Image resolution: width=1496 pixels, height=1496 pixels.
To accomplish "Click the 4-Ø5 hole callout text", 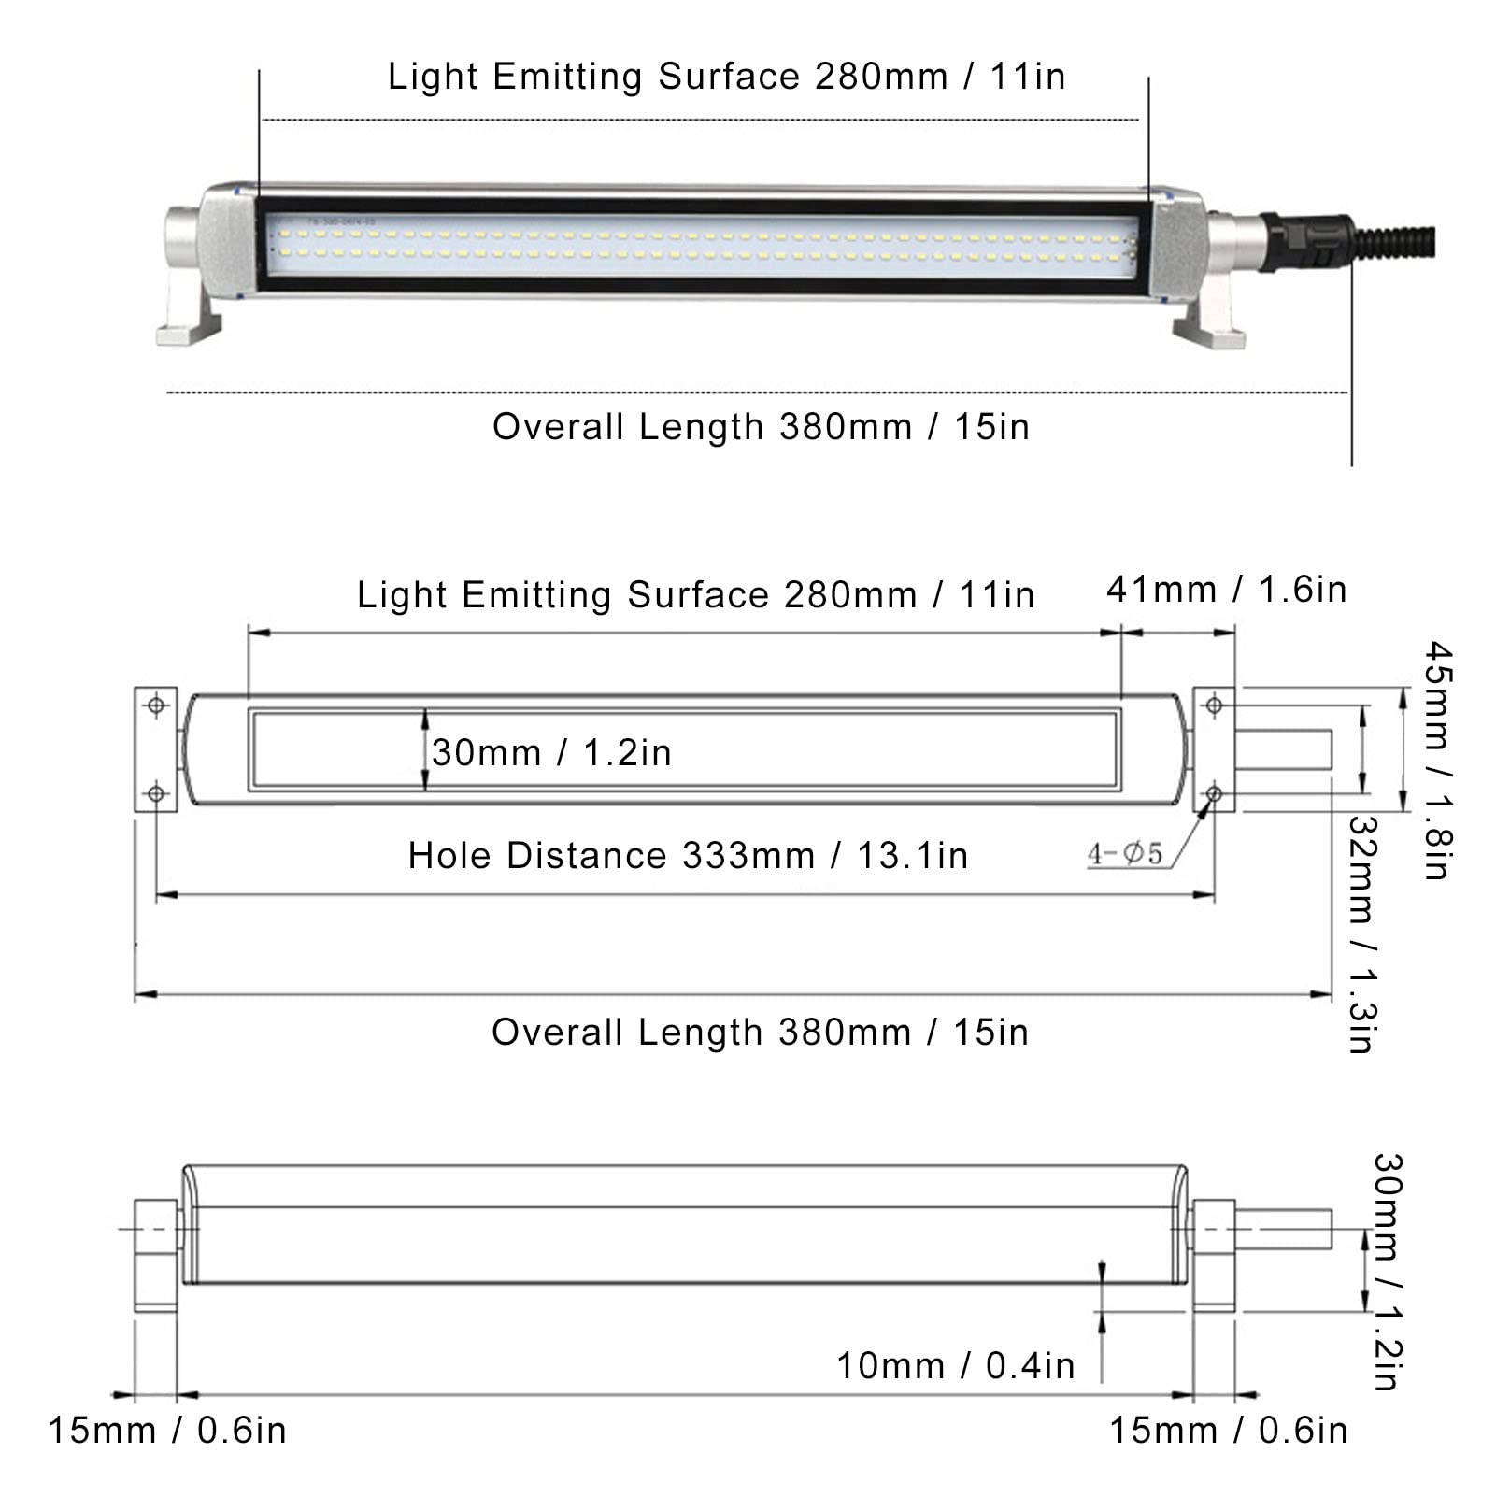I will tap(1125, 853).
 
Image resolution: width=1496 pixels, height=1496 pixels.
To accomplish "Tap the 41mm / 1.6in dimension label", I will tap(1226, 590).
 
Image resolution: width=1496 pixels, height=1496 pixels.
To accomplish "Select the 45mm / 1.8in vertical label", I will tap(1436, 760).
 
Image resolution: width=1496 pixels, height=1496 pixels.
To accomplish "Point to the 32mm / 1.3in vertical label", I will tap(1361, 933).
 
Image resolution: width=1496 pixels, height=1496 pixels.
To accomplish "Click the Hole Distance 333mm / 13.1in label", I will tap(688, 856).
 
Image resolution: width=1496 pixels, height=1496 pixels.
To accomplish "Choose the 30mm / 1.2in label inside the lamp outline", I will tap(551, 753).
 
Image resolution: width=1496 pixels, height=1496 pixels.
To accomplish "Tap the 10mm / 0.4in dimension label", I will tap(955, 1366).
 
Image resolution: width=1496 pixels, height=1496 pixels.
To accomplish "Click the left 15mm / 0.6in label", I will tap(167, 1431).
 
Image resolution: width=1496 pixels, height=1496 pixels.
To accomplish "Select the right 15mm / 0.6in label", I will tap(1228, 1431).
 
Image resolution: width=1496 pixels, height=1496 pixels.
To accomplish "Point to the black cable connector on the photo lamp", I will tap(1306, 241).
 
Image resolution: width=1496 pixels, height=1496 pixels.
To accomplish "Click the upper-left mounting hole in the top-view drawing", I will tap(156, 705).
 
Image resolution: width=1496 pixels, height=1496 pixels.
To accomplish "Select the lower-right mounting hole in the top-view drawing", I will tap(1214, 794).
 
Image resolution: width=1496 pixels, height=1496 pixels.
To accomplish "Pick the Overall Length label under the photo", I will tap(761, 427).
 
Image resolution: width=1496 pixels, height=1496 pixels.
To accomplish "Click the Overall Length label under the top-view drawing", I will tap(760, 1033).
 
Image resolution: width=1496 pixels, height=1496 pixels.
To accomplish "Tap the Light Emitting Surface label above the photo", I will tap(726, 77).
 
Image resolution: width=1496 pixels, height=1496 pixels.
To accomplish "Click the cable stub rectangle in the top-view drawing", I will tap(1283, 750).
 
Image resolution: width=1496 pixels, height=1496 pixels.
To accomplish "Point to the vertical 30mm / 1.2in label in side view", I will tap(1387, 1271).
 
